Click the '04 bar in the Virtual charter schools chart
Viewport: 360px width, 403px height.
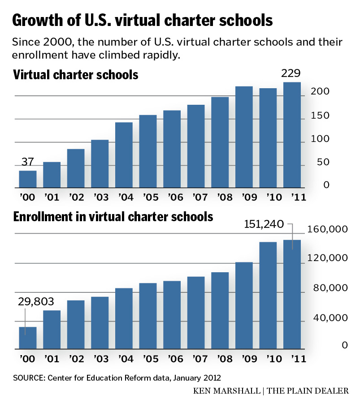pyautogui.click(x=124, y=155)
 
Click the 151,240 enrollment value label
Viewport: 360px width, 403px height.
pyautogui.click(x=264, y=224)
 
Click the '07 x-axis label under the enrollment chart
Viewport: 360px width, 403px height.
pyautogui.click(x=195, y=359)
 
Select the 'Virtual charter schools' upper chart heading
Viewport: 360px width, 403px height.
pyautogui.click(x=76, y=75)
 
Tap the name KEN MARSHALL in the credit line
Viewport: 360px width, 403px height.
pyautogui.click(x=227, y=391)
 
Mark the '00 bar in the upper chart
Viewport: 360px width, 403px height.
pyautogui.click(x=28, y=179)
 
